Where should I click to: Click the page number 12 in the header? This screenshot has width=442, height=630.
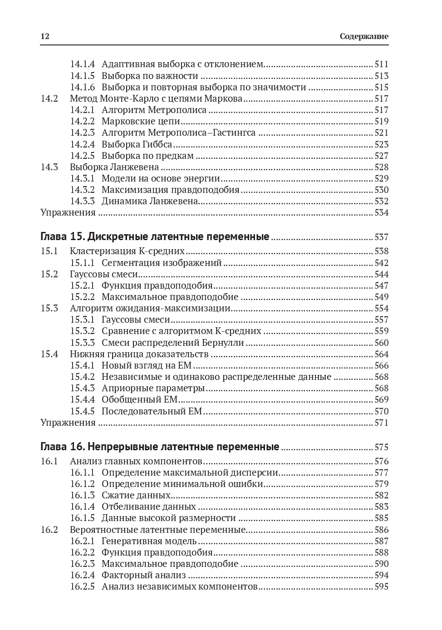pos(44,37)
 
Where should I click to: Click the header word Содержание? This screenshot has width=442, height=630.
pos(364,37)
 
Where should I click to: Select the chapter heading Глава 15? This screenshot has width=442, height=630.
pos(155,237)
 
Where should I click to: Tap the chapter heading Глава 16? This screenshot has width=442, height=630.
pos(160,447)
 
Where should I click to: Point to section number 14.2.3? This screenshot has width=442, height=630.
pos(82,133)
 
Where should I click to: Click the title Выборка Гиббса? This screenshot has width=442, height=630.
pos(137,144)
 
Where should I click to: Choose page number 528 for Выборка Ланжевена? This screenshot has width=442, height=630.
pos(381,167)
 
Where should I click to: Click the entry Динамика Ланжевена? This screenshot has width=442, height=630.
pos(150,201)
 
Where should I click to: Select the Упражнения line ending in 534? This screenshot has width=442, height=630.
pos(68,213)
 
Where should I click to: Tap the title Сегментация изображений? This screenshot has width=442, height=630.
pos(162,263)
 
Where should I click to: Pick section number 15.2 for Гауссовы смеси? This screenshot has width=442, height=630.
pos(49,274)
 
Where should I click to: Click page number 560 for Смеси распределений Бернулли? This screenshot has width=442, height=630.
pos(381,343)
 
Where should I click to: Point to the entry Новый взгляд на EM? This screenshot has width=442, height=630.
pos(147,365)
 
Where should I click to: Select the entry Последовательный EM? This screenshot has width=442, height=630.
pos(152,411)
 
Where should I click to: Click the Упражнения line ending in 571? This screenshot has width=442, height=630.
pos(68,423)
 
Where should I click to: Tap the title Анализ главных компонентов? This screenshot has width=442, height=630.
pos(136,461)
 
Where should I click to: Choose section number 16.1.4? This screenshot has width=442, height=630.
pos(82,507)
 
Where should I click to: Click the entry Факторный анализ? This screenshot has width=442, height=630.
pos(143,575)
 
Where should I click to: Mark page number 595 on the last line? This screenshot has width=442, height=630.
pos(381,586)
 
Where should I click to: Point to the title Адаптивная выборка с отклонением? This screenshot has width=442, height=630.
pos(182,64)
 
